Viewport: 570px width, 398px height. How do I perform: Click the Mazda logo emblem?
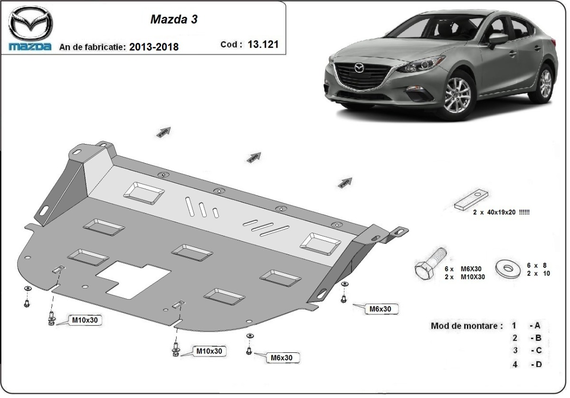30,24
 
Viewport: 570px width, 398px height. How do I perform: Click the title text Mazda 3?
174,19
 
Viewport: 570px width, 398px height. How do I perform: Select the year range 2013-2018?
153,47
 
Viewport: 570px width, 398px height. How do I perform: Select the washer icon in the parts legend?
508,268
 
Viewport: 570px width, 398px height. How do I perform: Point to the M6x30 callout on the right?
380,309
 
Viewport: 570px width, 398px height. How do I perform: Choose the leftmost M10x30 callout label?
85,320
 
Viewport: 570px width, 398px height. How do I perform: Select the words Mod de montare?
466,326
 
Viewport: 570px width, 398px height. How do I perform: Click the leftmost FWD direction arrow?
163,132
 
